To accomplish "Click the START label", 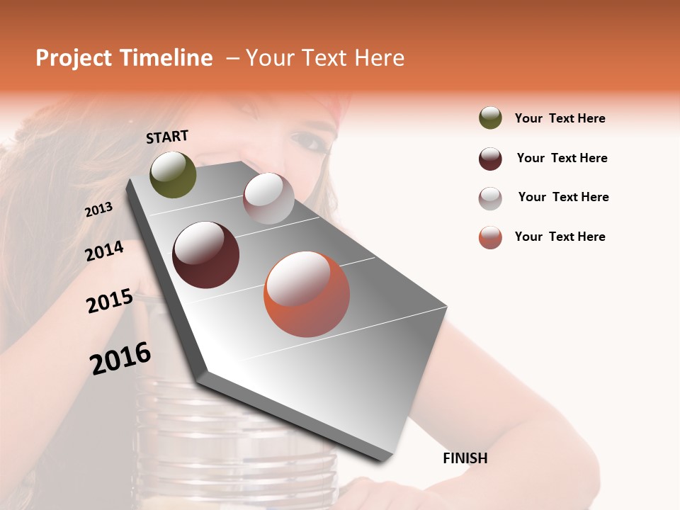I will pos(167,137).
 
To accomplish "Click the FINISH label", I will pos(465,458).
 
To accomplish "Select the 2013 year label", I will pos(99,209).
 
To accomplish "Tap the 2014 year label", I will pos(105,251).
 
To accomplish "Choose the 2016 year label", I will pos(121,358).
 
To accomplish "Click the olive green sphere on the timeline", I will pos(173,174).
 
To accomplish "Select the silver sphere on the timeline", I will pos(268,198).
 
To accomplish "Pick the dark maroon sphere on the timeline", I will pos(205,255).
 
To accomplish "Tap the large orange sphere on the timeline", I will pos(307,294).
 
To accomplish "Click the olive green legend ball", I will pos(490,118).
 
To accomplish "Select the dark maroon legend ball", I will pos(490,158).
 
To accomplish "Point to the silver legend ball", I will pos(490,198).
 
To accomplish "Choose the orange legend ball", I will pos(490,237).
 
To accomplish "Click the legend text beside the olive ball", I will pos(560,118).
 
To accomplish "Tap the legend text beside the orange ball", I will pos(560,237).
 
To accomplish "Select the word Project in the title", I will pos(73,58).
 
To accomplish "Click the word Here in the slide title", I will pos(379,58).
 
